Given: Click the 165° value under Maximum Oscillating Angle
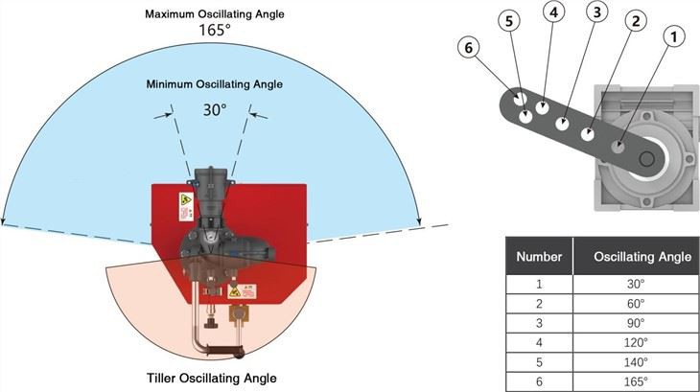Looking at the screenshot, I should (215, 32).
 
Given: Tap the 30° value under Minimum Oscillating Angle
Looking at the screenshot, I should (214, 109).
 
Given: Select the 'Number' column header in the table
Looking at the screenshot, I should (539, 256).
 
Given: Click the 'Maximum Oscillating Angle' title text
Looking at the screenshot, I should (215, 14).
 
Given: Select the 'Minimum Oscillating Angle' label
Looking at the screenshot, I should (215, 85).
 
